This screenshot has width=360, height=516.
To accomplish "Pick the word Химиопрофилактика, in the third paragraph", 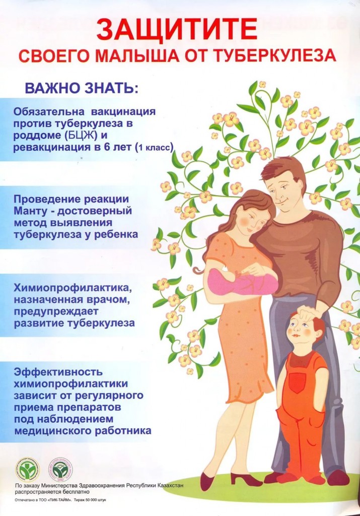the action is click(x=73, y=288).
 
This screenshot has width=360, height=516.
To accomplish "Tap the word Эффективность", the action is click(x=58, y=372).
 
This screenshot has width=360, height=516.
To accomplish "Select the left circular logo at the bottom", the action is click(x=29, y=470).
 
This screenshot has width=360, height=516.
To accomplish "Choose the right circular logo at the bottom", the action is click(x=60, y=470).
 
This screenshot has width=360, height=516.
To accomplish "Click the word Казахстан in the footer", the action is click(x=170, y=485).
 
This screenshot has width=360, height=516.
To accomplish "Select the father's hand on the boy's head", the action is click(x=310, y=312).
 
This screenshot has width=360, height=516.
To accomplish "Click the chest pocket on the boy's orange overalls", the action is click(x=298, y=382).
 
